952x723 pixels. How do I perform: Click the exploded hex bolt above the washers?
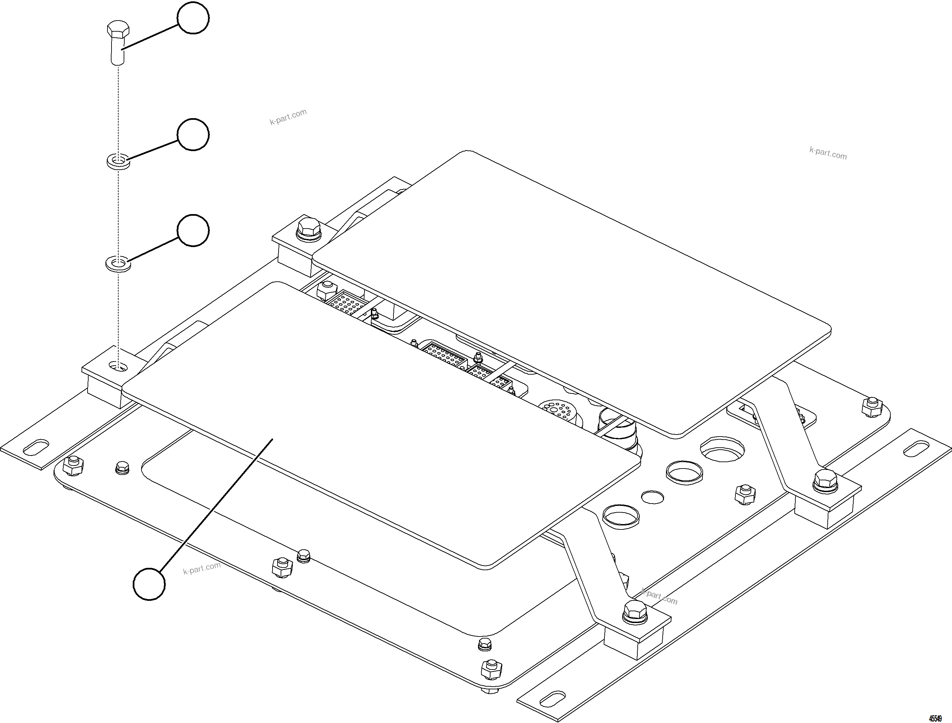116,43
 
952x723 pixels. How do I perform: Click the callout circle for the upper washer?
193,134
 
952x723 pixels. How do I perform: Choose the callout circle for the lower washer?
193,230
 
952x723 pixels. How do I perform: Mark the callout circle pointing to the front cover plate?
149,584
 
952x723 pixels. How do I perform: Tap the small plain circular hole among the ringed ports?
653,497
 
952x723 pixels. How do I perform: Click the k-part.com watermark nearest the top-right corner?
828,153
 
